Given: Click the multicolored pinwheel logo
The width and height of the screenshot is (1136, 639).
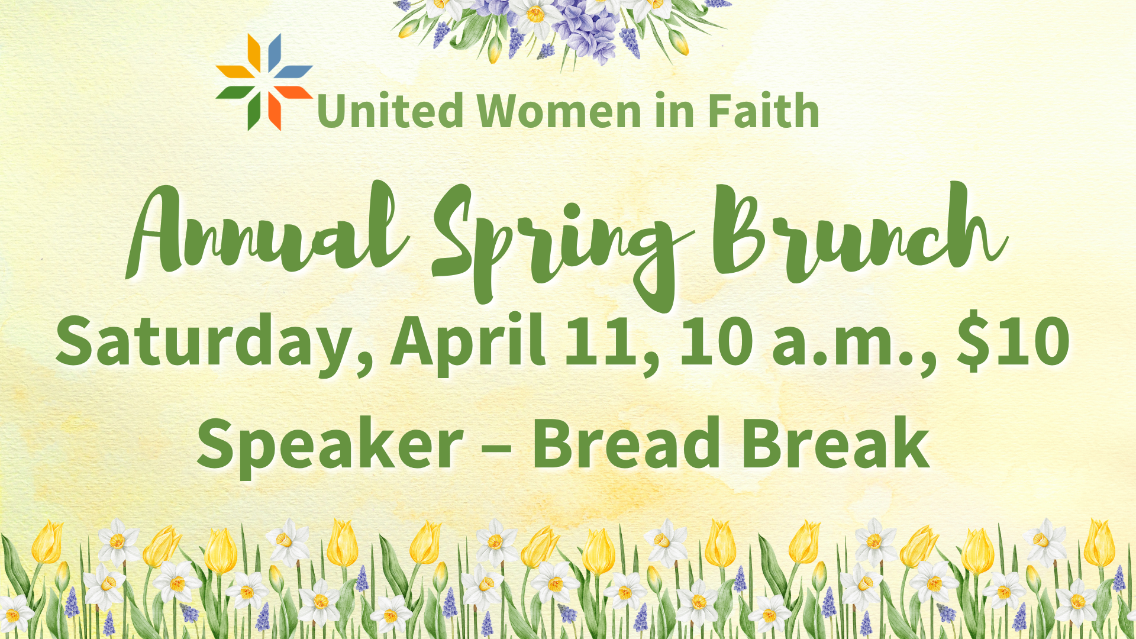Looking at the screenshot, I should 264,82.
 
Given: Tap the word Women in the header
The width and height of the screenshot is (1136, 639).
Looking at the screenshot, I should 560,111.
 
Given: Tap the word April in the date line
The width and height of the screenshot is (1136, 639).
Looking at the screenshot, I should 467,343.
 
